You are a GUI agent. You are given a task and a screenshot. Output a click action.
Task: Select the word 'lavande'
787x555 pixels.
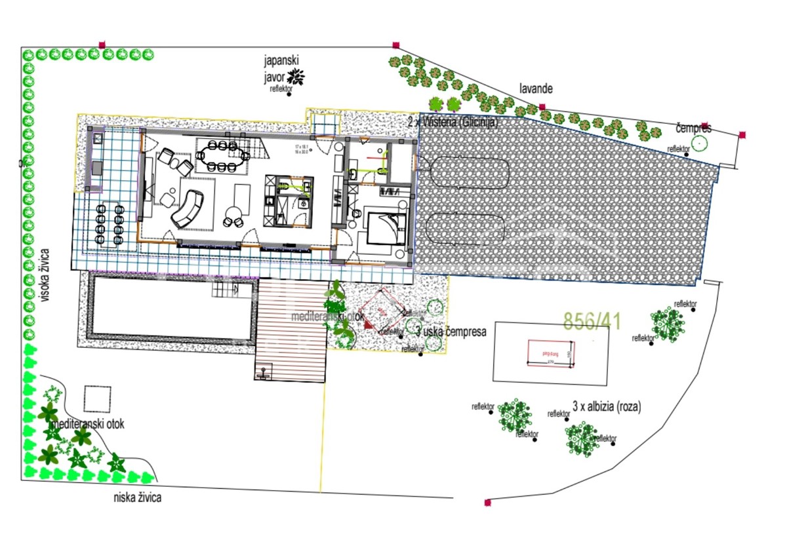click(536, 88)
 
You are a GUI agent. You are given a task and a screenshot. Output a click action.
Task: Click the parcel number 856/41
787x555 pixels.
click(592, 320)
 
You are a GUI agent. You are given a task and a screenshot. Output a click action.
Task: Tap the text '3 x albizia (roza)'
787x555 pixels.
click(607, 407)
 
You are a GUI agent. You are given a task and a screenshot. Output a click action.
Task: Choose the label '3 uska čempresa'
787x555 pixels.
click(451, 332)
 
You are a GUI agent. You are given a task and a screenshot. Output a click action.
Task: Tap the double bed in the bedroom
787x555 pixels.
click(384, 228)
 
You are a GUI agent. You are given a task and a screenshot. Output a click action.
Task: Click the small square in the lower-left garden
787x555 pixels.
click(98, 398)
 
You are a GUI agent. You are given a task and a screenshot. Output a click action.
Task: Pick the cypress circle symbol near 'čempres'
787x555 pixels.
click(700, 142)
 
